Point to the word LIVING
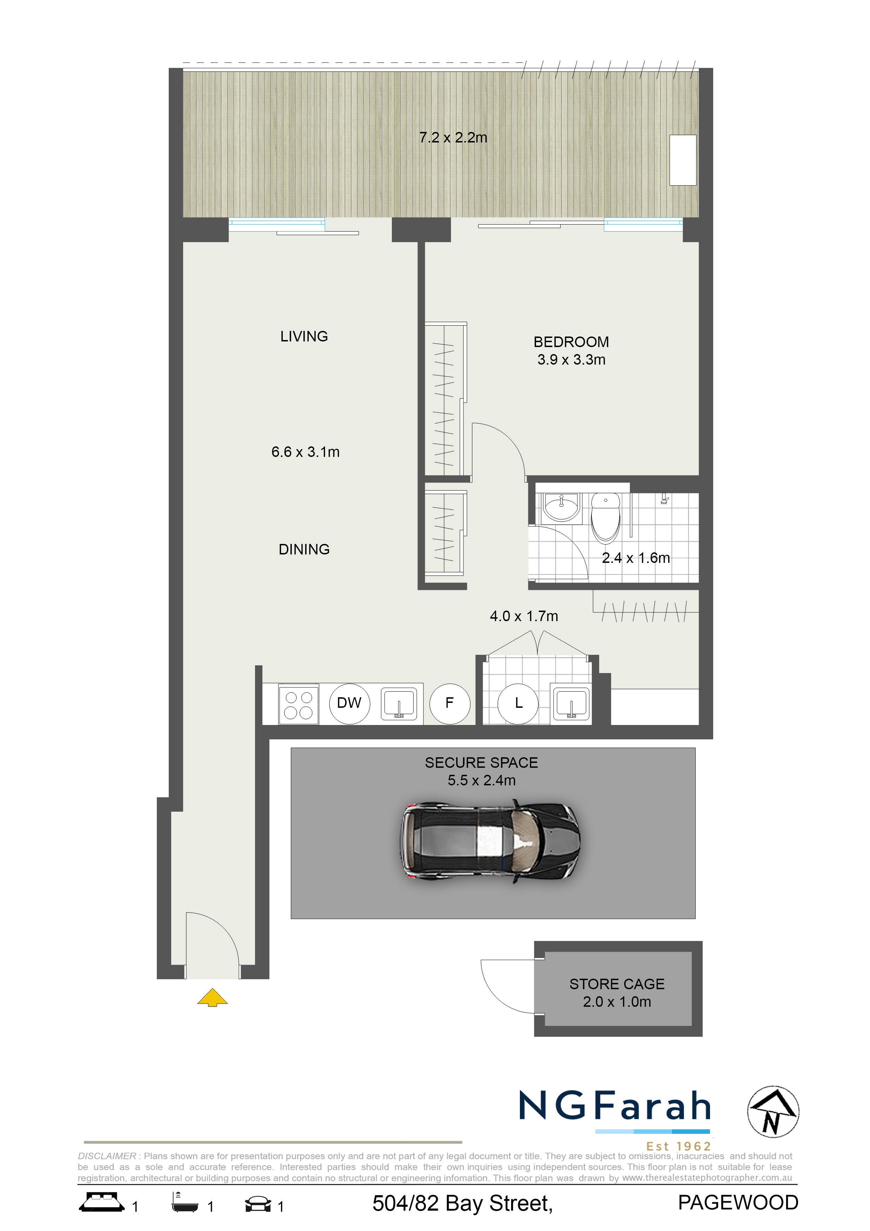304,336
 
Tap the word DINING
304,549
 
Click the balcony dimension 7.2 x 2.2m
453,138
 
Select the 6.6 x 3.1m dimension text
305,452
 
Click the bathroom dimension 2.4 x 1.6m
636,558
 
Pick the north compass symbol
773,1112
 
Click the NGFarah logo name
614,1105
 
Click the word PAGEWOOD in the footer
738,1203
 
